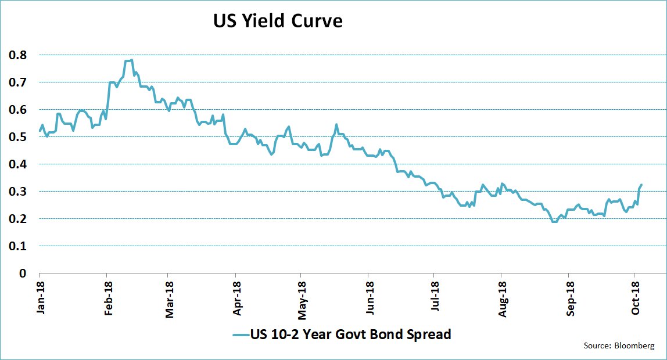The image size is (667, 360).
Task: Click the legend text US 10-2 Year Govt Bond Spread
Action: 350,334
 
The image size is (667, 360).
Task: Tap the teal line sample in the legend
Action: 241,335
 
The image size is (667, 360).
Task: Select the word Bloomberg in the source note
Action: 634,346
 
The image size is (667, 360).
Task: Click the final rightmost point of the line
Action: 641,185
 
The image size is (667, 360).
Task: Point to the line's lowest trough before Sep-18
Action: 554,221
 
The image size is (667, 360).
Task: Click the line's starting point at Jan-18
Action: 40,131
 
